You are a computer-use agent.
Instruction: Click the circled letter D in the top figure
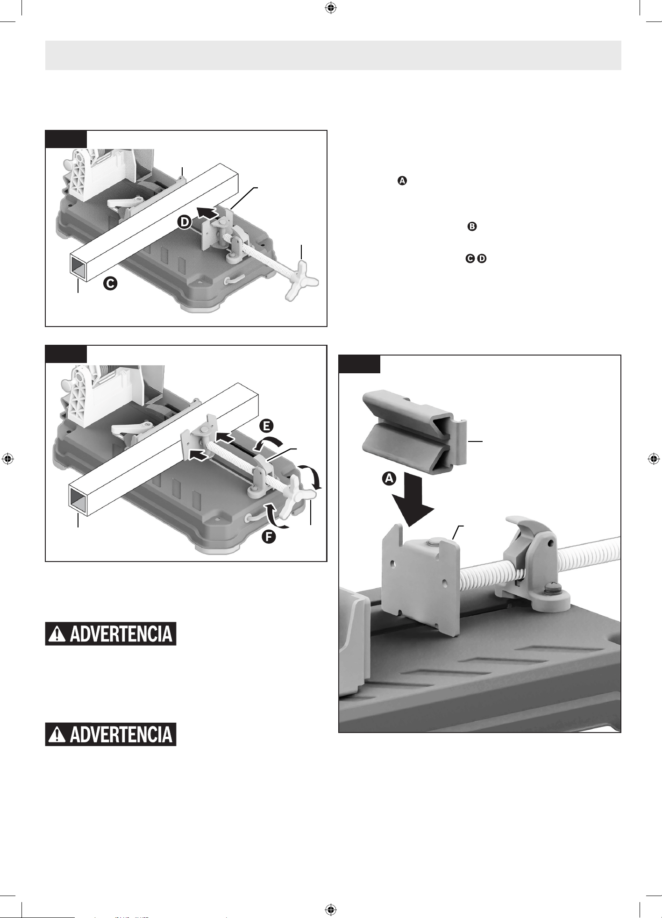[x=185, y=222]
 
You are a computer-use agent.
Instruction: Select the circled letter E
[x=266, y=426]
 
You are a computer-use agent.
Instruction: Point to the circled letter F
[x=268, y=537]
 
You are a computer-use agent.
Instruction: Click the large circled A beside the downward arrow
[x=389, y=478]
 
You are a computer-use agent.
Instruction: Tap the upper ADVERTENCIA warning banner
[x=111, y=634]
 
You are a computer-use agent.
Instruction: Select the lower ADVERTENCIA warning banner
[x=111, y=734]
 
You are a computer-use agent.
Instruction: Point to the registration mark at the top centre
[x=331, y=8]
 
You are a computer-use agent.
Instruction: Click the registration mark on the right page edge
[x=654, y=459]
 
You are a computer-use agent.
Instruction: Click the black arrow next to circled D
[x=206, y=213]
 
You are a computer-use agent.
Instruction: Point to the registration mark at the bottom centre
[x=331, y=909]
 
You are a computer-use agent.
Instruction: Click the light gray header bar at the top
[x=333, y=55]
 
